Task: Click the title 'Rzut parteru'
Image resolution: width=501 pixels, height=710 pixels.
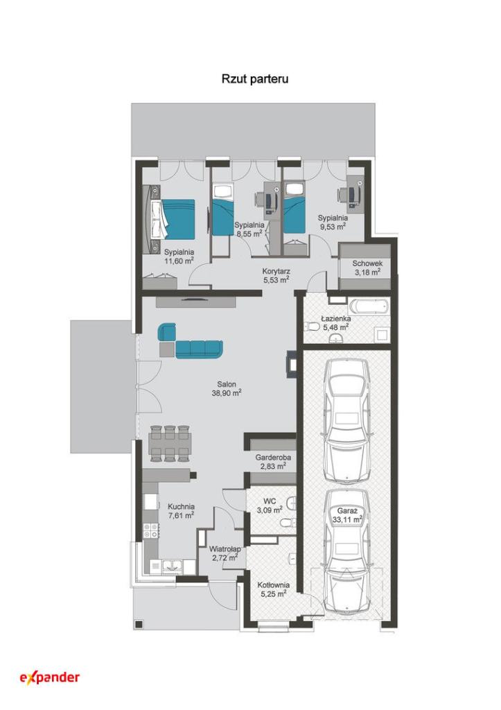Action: pos(255,79)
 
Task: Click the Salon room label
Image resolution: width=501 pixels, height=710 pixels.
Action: pos(227,384)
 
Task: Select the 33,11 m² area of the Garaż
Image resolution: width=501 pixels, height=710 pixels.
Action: pos(346,519)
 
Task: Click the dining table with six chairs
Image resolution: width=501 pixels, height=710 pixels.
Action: pos(170,443)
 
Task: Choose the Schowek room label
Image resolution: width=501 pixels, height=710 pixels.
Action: pos(367,263)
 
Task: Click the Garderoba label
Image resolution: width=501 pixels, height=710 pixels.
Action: pos(273,458)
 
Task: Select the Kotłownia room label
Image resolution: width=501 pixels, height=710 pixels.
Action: pos(273,585)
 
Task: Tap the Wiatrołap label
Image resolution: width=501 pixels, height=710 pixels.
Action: pos(225,549)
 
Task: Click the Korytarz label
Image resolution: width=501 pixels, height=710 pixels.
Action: pos(276,271)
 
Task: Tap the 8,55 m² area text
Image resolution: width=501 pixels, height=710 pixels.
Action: pos(249,234)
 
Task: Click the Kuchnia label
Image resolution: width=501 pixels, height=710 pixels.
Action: pos(181,507)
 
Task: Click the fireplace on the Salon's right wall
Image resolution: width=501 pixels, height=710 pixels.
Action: pos(292,363)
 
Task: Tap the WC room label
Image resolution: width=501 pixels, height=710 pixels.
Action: pos(270,501)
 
